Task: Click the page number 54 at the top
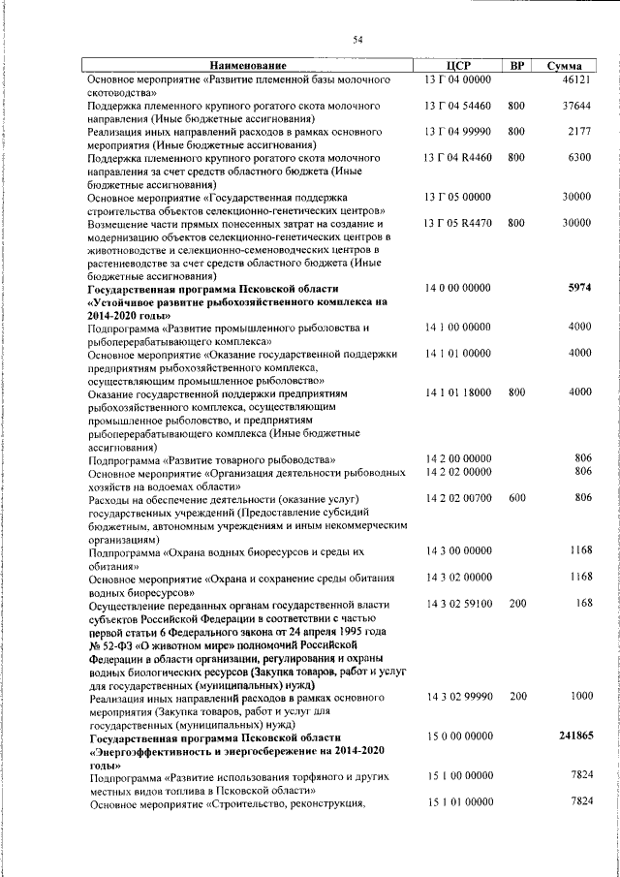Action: coord(357,39)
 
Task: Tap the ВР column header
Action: coord(517,65)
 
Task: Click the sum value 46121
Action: coord(576,78)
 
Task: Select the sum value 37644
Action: coord(576,105)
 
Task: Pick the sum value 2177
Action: coord(579,131)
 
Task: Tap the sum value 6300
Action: coord(579,156)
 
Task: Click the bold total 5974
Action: coord(578,288)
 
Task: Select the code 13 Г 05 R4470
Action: coord(459,223)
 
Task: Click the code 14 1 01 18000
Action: coord(459,392)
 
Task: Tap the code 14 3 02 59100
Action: coord(459,603)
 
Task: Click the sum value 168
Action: coord(582,603)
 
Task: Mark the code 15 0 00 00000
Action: coord(459,736)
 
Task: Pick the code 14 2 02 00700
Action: coord(459,498)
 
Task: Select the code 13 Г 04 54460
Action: coord(459,105)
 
